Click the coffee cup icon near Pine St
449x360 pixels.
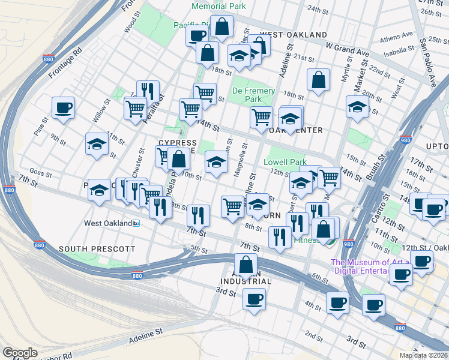[63, 108]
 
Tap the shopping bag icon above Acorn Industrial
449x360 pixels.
[246, 264]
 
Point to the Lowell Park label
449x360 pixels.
[285, 162]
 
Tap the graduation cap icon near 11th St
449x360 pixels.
[97, 144]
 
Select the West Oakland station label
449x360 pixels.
[112, 223]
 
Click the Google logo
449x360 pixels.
[20, 353]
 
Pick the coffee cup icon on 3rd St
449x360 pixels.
[255, 299]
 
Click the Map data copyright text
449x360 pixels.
[423, 355]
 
